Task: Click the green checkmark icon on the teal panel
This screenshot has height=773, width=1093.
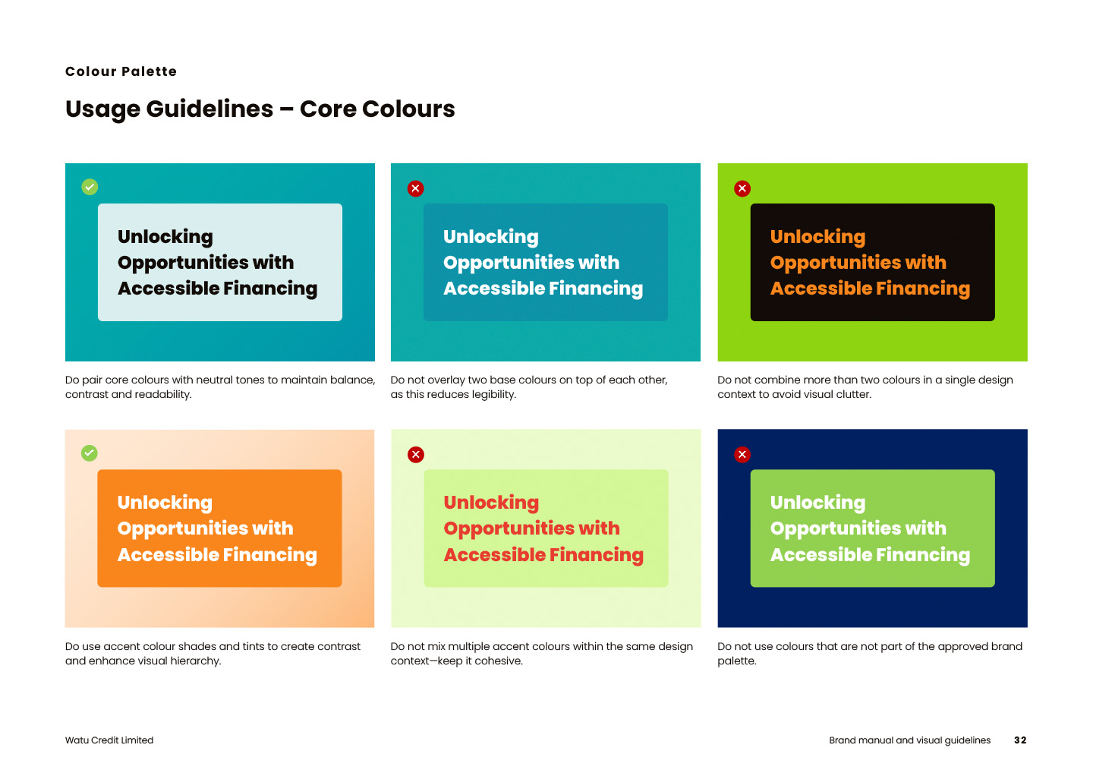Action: pyautogui.click(x=90, y=187)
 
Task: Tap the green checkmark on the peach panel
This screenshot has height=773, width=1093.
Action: pyautogui.click(x=90, y=453)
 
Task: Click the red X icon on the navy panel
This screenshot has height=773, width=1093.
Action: pyautogui.click(x=742, y=455)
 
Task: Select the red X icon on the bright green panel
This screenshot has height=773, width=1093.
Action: pyautogui.click(x=742, y=188)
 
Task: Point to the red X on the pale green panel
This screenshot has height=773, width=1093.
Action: pyautogui.click(x=416, y=455)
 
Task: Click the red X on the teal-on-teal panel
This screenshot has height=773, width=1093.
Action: pyautogui.click(x=416, y=188)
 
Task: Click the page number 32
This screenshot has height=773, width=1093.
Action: pyautogui.click(x=1020, y=740)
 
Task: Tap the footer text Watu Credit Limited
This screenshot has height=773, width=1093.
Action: pyautogui.click(x=109, y=740)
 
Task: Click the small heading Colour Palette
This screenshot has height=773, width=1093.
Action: pyautogui.click(x=121, y=71)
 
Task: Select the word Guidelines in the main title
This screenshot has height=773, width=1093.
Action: pyautogui.click(x=209, y=109)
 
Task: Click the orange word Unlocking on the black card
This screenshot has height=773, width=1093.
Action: pyautogui.click(x=817, y=237)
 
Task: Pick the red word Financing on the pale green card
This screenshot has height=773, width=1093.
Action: pyautogui.click(x=597, y=555)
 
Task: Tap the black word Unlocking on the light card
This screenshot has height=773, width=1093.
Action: pyautogui.click(x=165, y=237)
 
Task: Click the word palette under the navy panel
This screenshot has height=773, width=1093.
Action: pyautogui.click(x=737, y=661)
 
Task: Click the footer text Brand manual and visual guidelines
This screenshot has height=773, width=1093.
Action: pyautogui.click(x=910, y=740)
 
